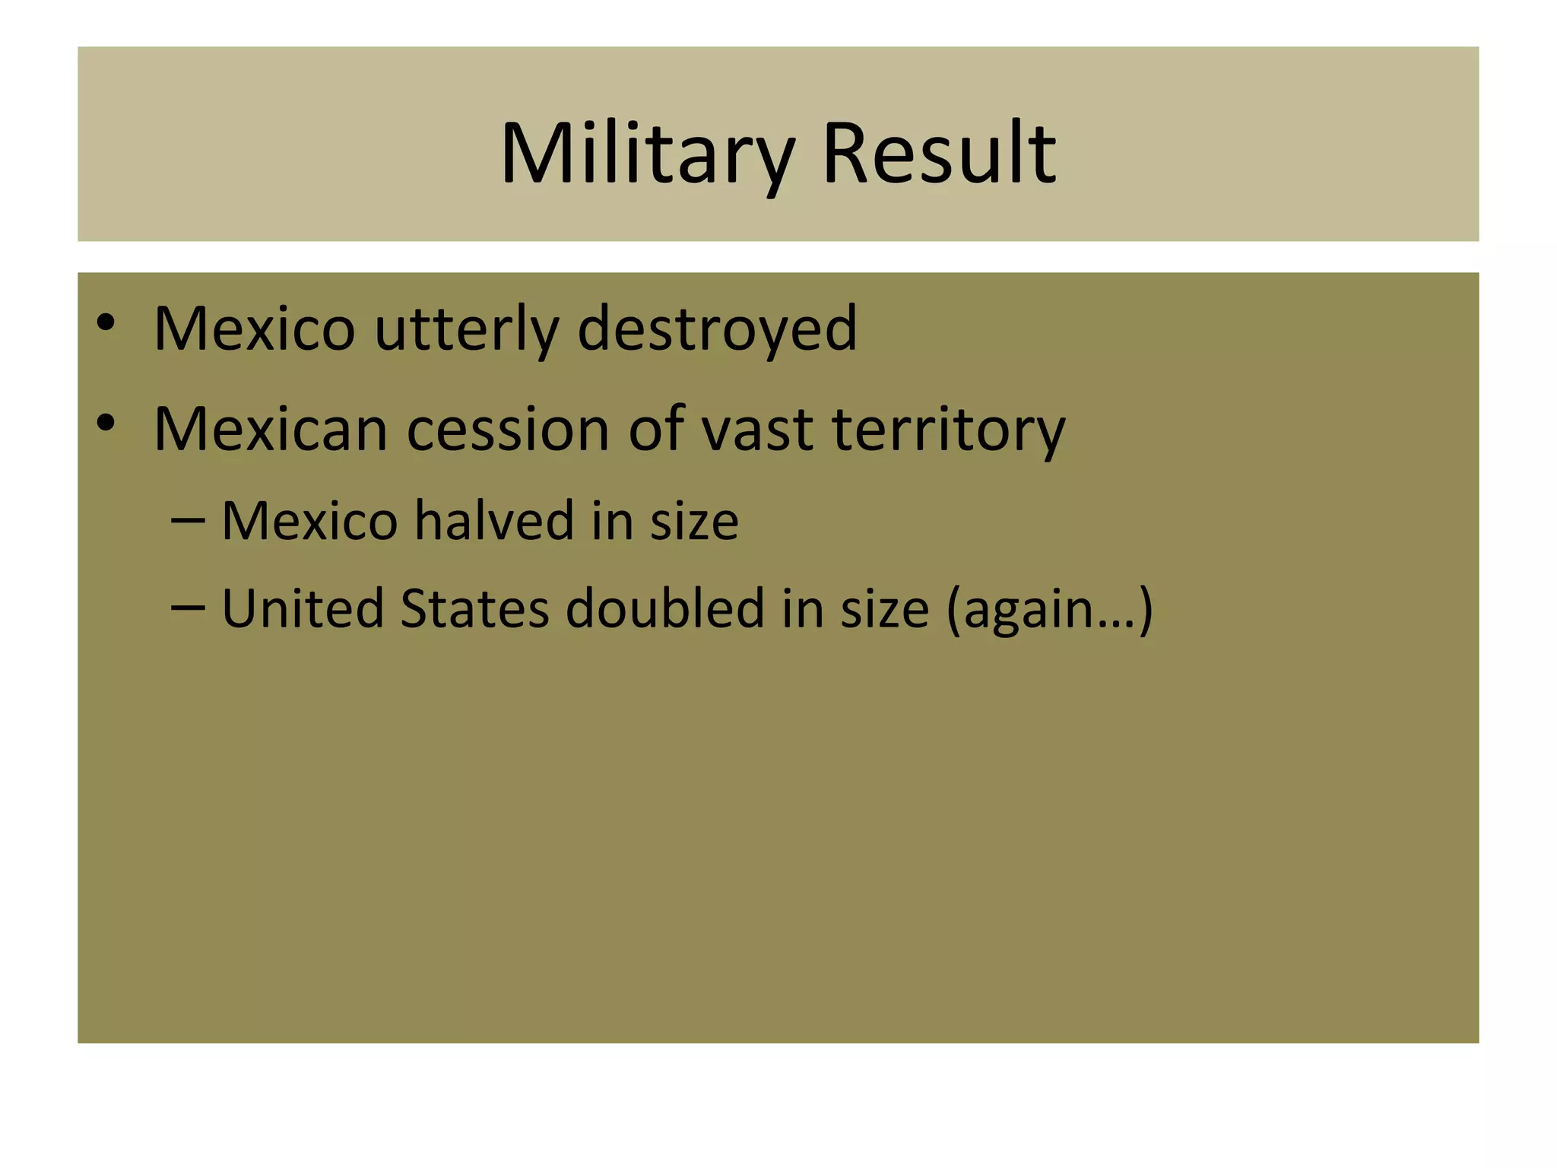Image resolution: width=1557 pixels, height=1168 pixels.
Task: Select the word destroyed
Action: [x=717, y=328]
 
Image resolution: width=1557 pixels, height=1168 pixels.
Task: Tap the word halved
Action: [x=493, y=522]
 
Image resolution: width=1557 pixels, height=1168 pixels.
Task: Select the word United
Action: [x=303, y=609]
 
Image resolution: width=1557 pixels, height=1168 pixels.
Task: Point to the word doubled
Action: [x=664, y=609]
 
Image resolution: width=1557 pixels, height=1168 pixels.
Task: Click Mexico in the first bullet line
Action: [x=254, y=328]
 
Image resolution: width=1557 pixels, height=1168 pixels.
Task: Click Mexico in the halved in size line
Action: [x=309, y=522]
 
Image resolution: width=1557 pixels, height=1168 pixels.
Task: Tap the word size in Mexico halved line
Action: [x=694, y=522]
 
